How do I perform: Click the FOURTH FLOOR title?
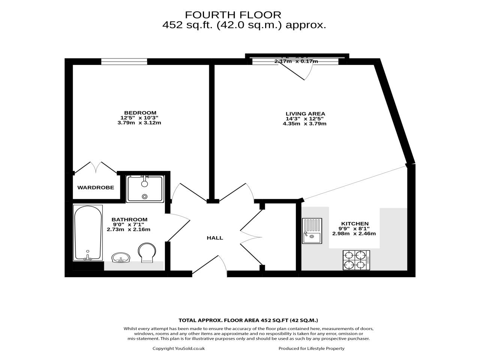point(233,15)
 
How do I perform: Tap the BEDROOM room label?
point(140,113)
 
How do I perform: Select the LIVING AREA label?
point(305,114)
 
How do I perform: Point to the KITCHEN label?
point(354,224)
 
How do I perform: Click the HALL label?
point(215,238)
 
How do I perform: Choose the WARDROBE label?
point(96,187)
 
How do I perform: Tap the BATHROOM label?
point(129,220)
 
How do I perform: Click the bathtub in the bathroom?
point(88,232)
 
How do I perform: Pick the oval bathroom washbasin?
point(120,258)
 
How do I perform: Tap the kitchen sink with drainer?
point(312,231)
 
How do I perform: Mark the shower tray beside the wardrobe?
point(145,189)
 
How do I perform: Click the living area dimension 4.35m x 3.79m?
point(304,123)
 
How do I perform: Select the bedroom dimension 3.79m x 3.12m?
point(139,123)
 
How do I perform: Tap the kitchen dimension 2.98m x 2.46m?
point(354,234)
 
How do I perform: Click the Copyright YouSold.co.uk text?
point(178,348)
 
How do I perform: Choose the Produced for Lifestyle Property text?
point(311,348)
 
